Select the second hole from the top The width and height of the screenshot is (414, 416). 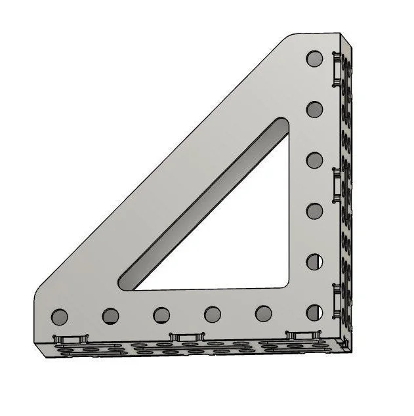click(315, 108)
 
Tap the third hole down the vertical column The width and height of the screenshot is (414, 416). click(315, 160)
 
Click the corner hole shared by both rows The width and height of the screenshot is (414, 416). click(315, 312)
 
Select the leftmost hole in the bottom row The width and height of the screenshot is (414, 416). click(59, 317)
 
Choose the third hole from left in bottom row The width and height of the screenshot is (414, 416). click(162, 315)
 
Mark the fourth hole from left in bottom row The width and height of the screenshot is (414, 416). click(212, 314)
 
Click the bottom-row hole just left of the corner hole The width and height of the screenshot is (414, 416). click(264, 313)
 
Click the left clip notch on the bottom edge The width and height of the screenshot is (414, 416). click(69, 338)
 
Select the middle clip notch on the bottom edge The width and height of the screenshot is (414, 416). click(184, 337)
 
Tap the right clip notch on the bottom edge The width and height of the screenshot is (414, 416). click(300, 335)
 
